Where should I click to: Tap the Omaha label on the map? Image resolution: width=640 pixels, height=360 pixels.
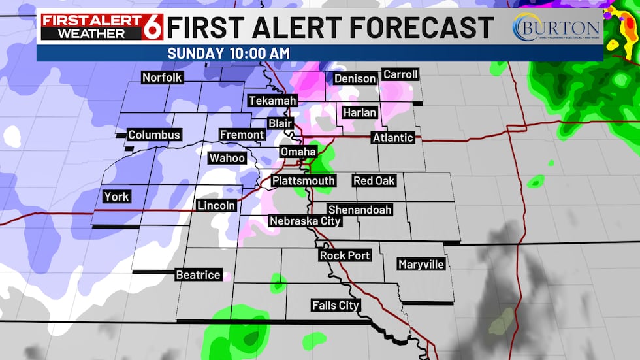[298, 152]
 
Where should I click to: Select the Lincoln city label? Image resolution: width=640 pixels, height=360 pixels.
[216, 206]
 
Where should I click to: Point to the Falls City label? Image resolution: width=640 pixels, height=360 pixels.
[336, 306]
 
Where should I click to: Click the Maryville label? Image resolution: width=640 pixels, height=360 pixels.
[421, 265]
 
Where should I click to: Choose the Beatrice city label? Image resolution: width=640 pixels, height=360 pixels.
[198, 275]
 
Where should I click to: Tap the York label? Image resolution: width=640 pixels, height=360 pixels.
[116, 197]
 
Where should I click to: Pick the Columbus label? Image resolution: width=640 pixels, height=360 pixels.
[153, 135]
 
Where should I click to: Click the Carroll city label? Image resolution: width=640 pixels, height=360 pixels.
[400, 74]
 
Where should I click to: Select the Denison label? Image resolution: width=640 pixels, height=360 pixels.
[355, 79]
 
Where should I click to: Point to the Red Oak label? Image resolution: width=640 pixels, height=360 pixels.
[374, 180]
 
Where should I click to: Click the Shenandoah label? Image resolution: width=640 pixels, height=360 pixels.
[359, 210]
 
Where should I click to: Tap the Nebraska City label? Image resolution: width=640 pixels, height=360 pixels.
[305, 221]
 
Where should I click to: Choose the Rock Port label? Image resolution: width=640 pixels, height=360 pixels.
[345, 255]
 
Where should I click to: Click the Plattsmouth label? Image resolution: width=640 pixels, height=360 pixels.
[304, 181]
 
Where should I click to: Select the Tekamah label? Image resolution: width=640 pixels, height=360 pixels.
[272, 101]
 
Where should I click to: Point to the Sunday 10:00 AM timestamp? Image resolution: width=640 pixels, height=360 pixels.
[229, 53]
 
